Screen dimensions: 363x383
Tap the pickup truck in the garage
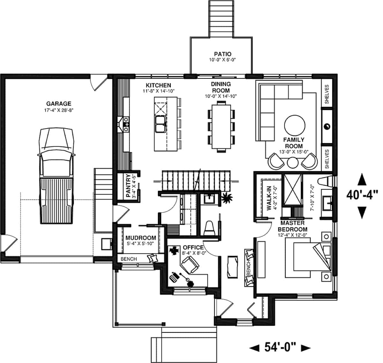coord(57,175)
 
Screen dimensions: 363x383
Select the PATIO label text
coord(222,54)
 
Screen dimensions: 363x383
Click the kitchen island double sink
coord(160,124)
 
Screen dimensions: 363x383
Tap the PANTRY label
coord(128,185)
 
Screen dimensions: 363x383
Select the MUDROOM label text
coord(141,238)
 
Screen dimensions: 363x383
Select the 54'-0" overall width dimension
coord(280,347)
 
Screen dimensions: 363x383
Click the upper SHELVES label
coord(327,94)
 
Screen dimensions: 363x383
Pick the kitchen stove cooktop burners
coord(126,124)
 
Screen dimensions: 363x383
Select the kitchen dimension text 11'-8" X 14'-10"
coord(159,91)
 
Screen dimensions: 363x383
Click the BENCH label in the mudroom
coord(129,259)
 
